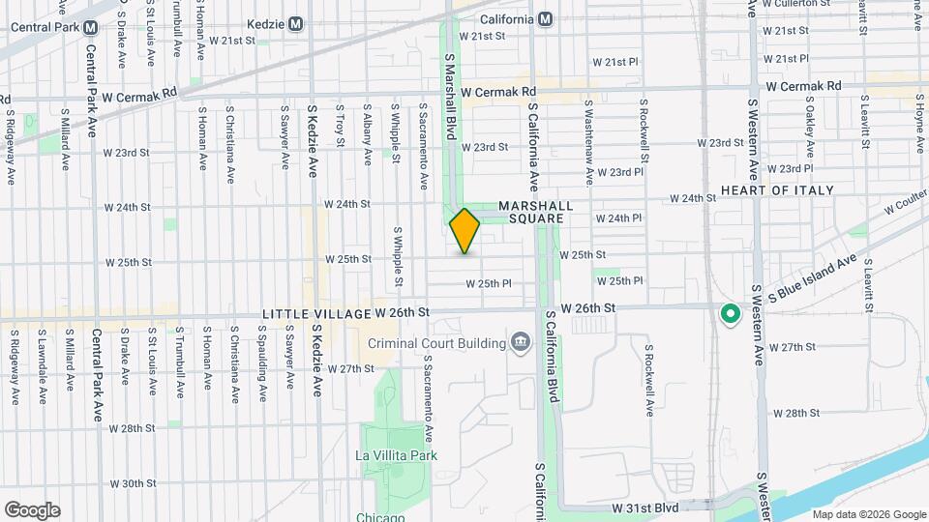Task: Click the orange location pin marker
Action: [464, 231]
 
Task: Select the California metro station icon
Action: [546, 18]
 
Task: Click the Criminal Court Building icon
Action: [520, 342]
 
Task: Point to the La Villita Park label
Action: [397, 455]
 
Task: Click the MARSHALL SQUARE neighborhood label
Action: [531, 213]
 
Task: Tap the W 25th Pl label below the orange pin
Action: [488, 284]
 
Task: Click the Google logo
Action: [32, 509]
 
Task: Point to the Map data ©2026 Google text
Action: [867, 514]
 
